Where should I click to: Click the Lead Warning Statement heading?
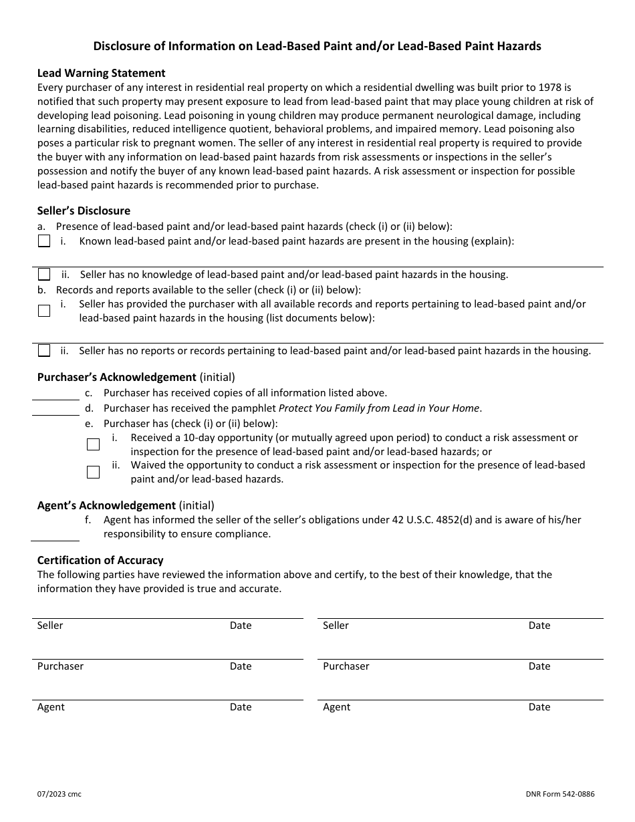(x=101, y=73)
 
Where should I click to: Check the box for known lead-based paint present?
(x=44, y=241)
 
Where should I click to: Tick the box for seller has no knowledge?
(x=44, y=274)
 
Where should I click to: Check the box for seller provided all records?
(x=44, y=310)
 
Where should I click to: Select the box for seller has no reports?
(x=44, y=350)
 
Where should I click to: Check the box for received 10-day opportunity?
(x=93, y=444)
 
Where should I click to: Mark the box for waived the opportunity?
(x=93, y=472)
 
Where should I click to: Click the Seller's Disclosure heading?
(x=84, y=211)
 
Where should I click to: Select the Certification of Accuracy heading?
(x=100, y=560)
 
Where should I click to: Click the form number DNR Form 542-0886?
(x=559, y=795)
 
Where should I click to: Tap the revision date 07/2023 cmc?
(x=59, y=795)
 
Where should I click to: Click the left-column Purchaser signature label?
(x=60, y=666)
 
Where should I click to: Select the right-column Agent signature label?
(x=336, y=707)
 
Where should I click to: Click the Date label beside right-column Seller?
(x=539, y=626)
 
